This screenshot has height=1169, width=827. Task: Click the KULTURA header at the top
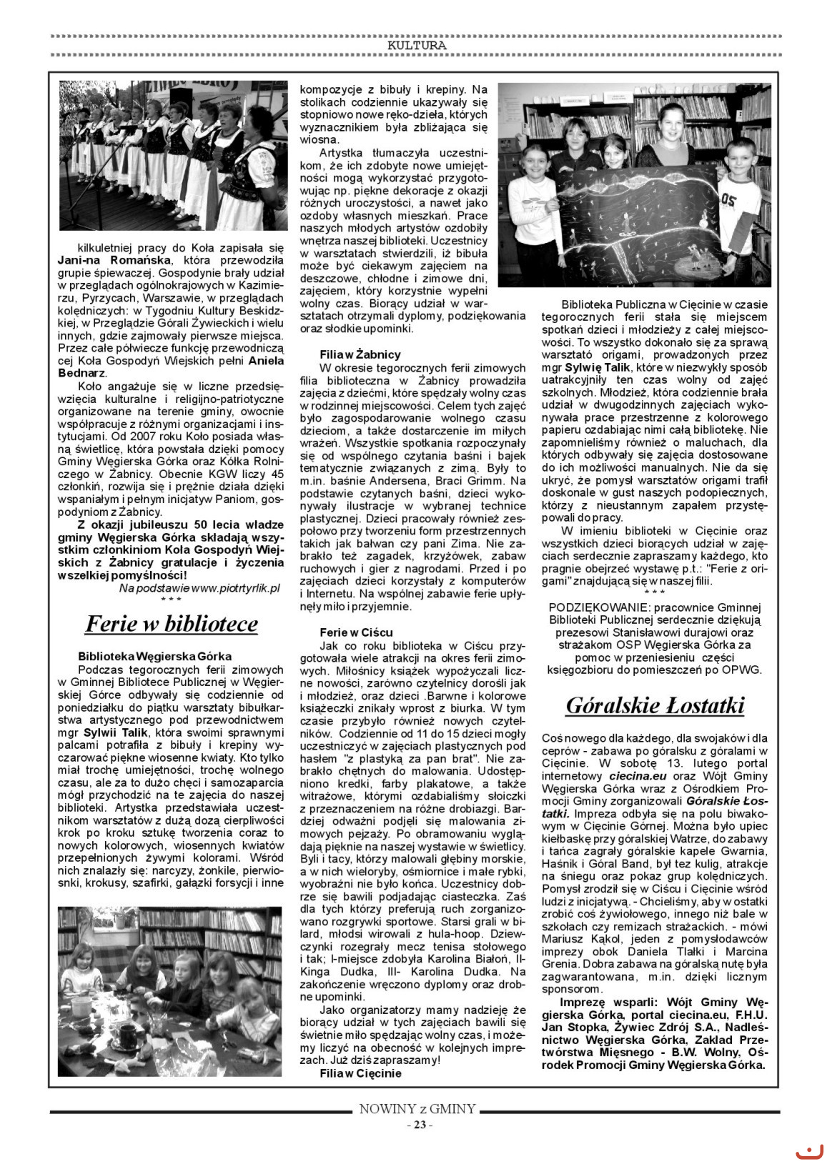tap(417, 45)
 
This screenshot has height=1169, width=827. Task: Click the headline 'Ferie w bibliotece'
tap(172, 624)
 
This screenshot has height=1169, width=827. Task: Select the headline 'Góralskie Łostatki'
tap(655, 705)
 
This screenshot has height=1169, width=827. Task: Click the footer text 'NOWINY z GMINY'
tap(417, 1109)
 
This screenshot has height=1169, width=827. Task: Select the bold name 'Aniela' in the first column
tap(265, 361)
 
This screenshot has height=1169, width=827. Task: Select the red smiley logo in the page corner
tap(808, 1150)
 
